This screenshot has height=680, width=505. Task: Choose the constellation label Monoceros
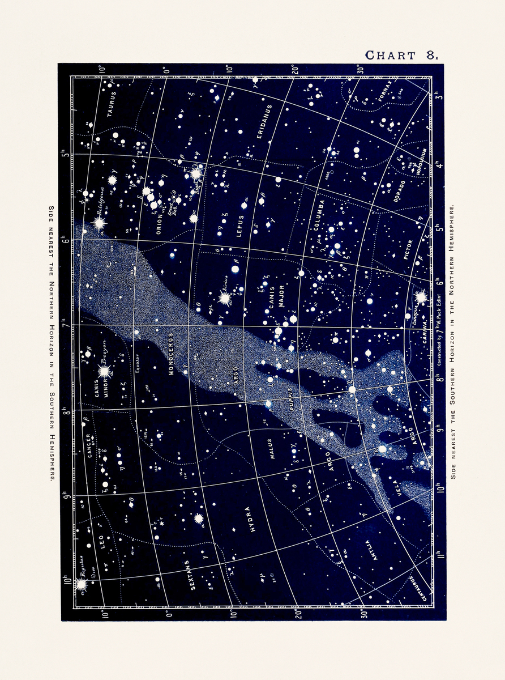171,355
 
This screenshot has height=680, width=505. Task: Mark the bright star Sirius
225,297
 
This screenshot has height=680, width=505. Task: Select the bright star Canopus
421,297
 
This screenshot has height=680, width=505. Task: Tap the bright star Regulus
81,583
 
